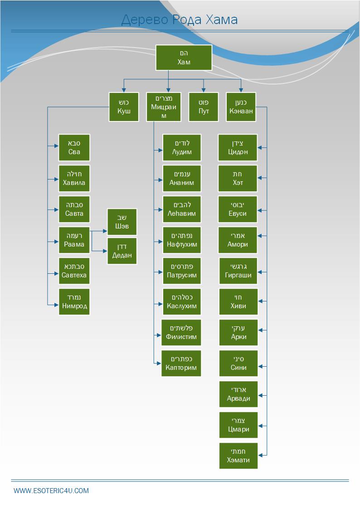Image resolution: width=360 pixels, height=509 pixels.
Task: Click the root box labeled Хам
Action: [184, 58]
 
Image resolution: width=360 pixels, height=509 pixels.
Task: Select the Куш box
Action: [124, 107]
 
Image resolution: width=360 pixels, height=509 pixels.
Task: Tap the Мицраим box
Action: [164, 107]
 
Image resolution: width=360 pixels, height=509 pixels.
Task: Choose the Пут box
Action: [204, 107]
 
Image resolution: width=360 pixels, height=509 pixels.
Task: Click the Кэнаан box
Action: [241, 107]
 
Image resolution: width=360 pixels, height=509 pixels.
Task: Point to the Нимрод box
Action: [74, 301]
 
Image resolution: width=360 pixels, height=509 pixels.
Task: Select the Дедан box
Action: [122, 251]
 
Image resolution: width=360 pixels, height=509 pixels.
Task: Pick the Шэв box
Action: [122, 222]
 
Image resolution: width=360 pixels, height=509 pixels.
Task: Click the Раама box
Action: [74, 240]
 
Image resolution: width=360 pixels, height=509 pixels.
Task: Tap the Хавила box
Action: [74, 178]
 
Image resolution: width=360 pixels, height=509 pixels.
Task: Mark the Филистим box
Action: [181, 332]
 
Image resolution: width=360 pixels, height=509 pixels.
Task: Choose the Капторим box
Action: [181, 363]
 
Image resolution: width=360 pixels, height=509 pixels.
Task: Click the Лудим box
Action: [182, 147]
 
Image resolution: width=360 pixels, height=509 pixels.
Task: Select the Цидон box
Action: [238, 147]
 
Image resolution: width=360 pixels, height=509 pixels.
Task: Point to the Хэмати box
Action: [238, 456]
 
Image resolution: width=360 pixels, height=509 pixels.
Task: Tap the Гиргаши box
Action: [238, 271]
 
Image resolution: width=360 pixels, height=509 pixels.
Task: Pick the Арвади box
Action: [238, 394]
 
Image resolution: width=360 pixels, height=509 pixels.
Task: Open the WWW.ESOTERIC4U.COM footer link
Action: [51, 490]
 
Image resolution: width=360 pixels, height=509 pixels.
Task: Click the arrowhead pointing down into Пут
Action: [204, 90]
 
